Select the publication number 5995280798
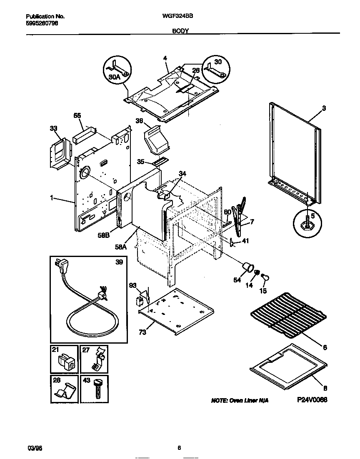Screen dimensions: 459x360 tap(42, 23)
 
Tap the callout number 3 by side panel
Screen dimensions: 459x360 tap(324, 108)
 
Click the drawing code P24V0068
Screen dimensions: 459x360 tap(312, 399)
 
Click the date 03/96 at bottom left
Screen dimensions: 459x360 tap(35, 448)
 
